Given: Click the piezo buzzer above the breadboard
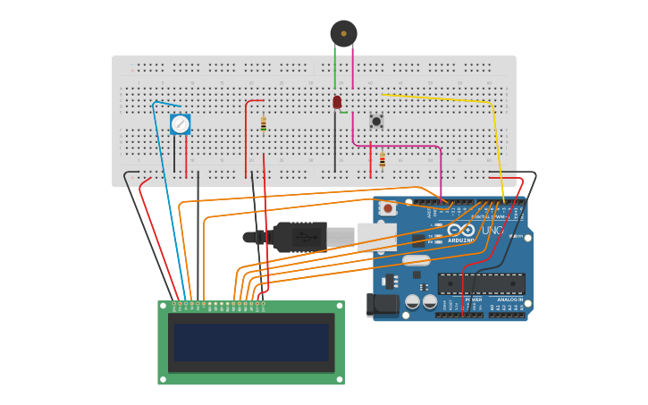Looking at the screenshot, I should click(x=343, y=33).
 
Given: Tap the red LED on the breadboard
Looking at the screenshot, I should click(x=337, y=103).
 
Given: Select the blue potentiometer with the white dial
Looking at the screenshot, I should click(x=181, y=124).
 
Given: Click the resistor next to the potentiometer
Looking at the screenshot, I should click(x=264, y=124).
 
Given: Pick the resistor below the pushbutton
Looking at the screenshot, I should click(x=383, y=160).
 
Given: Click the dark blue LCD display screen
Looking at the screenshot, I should click(x=251, y=342).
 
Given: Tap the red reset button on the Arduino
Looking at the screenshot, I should click(x=386, y=208).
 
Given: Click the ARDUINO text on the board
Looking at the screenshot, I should click(x=462, y=240).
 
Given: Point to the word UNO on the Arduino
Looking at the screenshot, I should click(x=493, y=231).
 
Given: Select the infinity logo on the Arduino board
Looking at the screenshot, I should click(x=461, y=230).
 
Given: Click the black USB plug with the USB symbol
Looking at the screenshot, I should click(x=299, y=237).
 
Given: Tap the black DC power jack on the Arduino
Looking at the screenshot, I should click(x=382, y=306).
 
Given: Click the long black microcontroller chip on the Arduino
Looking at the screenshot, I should click(x=481, y=283).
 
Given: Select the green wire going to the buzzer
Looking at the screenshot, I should click(x=335, y=67).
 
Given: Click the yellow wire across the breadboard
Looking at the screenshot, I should click(x=438, y=98).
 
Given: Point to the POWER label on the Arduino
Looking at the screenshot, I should click(x=473, y=300).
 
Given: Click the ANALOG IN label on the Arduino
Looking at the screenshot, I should click(x=509, y=300).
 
